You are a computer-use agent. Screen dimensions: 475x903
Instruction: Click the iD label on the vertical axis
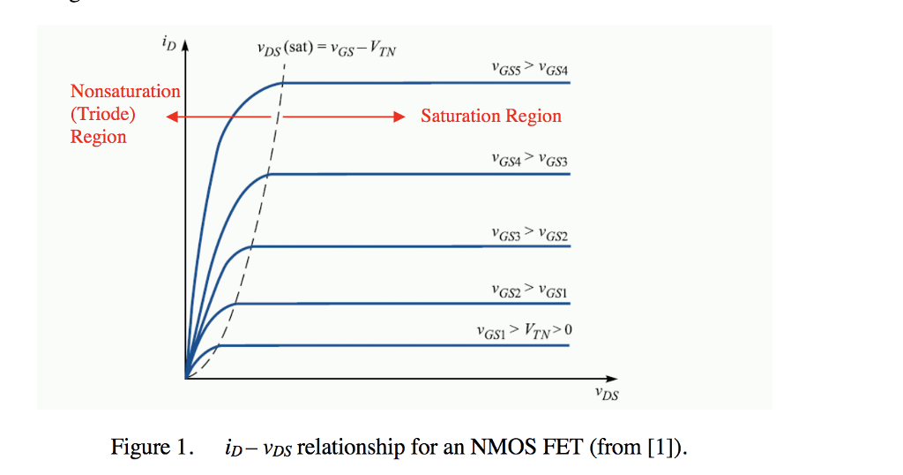click(x=168, y=41)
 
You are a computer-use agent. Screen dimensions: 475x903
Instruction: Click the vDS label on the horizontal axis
click(x=606, y=394)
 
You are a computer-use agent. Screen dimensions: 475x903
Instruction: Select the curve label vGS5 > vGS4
click(x=530, y=67)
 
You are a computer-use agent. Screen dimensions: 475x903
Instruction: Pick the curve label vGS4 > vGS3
click(x=530, y=159)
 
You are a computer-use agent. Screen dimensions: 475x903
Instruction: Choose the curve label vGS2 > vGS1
click(x=530, y=290)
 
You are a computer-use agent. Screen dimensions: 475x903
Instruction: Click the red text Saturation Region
click(x=490, y=117)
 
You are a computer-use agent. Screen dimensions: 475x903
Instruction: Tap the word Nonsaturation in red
click(x=125, y=92)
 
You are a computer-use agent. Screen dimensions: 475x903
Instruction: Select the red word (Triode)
click(x=103, y=114)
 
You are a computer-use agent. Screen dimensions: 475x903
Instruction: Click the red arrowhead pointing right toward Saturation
click(x=399, y=117)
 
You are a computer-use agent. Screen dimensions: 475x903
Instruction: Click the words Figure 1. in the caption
click(x=152, y=448)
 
